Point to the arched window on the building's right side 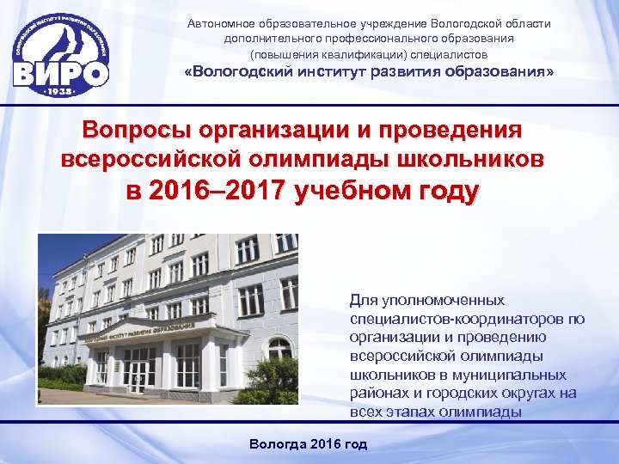click(x=279, y=348)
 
